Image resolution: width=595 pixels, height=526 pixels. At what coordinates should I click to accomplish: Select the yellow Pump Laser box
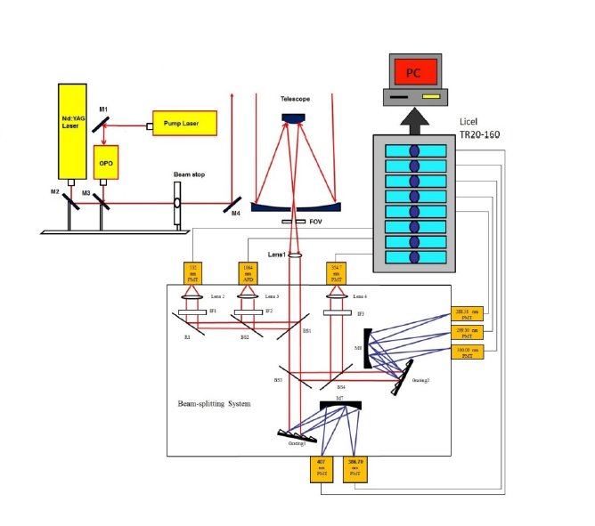pyautogui.click(x=184, y=123)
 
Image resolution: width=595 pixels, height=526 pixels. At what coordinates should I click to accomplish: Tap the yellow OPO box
pyautogui.click(x=106, y=163)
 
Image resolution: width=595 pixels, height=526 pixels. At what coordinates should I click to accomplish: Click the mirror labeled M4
pyautogui.click(x=233, y=202)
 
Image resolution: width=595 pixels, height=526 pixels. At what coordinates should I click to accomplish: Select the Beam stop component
pyautogui.click(x=176, y=203)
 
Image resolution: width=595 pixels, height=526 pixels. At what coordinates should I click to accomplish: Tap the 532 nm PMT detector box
pyautogui.click(x=193, y=272)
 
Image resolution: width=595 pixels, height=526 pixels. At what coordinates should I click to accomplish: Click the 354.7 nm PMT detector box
pyautogui.click(x=335, y=272)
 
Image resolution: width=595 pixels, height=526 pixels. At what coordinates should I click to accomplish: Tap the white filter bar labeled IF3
pyautogui.click(x=335, y=313)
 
